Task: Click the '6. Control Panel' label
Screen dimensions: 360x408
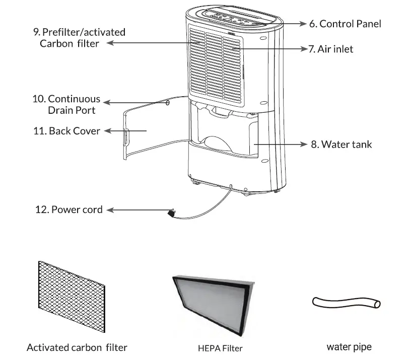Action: click(345, 24)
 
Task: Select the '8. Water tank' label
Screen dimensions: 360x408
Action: click(341, 145)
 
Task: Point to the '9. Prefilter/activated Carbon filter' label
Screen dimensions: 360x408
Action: click(79, 38)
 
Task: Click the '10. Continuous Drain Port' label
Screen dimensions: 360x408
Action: click(66, 104)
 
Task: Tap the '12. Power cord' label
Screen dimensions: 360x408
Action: click(70, 209)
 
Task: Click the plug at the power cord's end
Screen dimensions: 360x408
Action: click(171, 214)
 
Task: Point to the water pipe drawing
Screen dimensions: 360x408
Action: click(346, 302)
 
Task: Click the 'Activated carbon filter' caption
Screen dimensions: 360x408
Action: click(77, 347)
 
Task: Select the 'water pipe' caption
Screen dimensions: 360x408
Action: click(349, 347)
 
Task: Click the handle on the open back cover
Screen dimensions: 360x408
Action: click(126, 136)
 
